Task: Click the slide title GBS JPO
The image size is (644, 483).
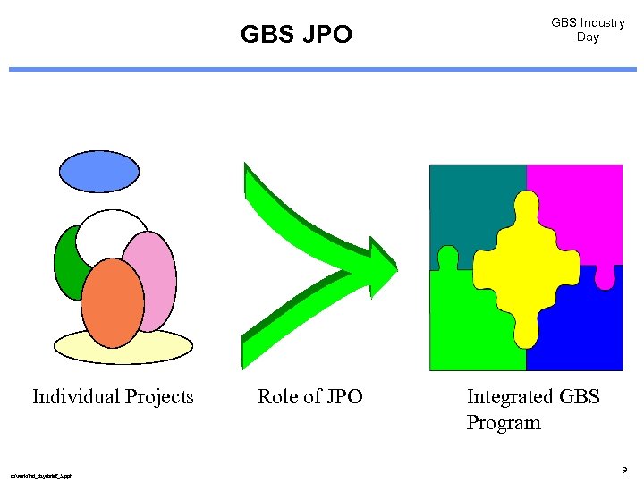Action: point(296,35)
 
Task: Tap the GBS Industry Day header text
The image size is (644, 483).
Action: point(588,30)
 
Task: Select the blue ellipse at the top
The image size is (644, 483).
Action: point(99,171)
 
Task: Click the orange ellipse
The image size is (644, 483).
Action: point(112,302)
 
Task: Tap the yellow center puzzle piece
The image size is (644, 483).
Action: point(524,268)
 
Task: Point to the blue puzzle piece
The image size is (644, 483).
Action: point(581,331)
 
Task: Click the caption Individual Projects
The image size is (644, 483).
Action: point(113,396)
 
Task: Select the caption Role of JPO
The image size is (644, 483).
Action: point(309,396)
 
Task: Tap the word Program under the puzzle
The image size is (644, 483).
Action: point(504,422)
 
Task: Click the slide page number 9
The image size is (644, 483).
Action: point(623,469)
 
